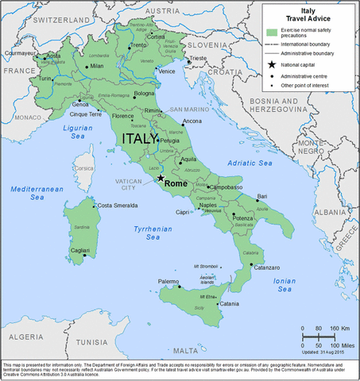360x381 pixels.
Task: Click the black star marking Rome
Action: pyautogui.click(x=161, y=177)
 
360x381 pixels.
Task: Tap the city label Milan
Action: pyautogui.click(x=97, y=66)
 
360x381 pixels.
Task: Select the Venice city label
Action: pyautogui.click(x=168, y=71)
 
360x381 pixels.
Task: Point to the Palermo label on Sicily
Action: pyautogui.click(x=168, y=282)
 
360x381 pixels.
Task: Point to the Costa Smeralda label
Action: pyautogui.click(x=115, y=206)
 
